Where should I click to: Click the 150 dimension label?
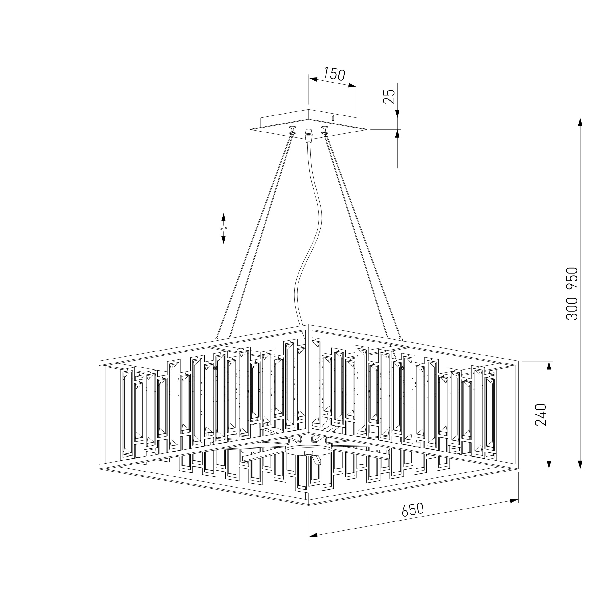(334, 74)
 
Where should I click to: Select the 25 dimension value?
(389, 96)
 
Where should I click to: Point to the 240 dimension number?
(541, 415)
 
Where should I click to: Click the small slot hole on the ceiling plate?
(333, 118)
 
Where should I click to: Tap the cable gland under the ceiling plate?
(308, 136)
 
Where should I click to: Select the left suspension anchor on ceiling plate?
(292, 130)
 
